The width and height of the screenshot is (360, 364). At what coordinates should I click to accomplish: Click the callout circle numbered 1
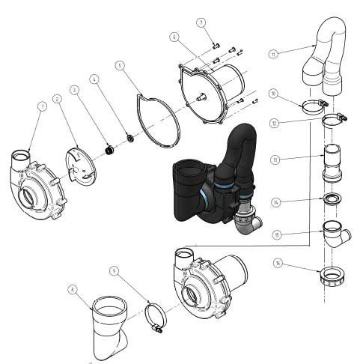[x=42, y=106]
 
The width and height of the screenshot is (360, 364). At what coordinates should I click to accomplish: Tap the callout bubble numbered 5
[x=119, y=66]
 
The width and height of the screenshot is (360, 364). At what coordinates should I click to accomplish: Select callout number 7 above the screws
[x=201, y=22]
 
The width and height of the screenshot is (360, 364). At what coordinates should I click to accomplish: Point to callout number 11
[x=274, y=54]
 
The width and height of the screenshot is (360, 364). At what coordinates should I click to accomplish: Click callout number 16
[x=278, y=263]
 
